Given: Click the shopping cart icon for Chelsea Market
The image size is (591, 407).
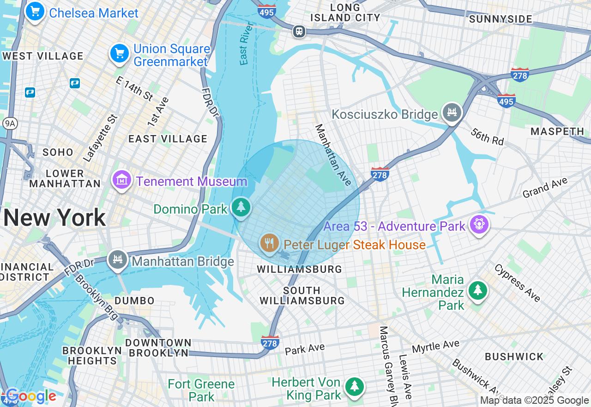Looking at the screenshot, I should click(35, 12).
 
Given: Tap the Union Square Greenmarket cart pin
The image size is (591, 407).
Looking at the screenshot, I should click(120, 54).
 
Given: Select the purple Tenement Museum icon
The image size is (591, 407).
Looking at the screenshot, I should click(122, 180).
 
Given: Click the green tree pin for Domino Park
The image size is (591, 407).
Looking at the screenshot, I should click(241, 208).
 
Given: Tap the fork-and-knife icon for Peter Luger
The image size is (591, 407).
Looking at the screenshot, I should click(269, 243).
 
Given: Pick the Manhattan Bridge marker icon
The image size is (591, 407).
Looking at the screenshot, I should click(118, 260).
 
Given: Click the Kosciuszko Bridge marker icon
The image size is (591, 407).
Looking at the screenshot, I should click(452, 112).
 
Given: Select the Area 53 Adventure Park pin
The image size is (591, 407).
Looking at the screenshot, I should click(479, 225).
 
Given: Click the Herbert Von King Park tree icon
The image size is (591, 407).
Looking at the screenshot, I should click(354, 387).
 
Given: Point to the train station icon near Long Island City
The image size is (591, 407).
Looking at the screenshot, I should click(299, 31).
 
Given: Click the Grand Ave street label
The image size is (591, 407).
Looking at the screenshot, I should click(545, 188).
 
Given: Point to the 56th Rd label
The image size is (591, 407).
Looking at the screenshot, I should click(488, 137).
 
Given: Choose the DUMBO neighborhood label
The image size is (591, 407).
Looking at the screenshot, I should click(134, 301).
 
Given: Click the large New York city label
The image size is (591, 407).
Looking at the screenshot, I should click(54, 217).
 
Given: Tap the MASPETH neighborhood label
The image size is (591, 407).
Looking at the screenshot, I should click(557, 131).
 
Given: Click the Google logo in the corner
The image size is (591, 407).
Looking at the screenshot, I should click(31, 396).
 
